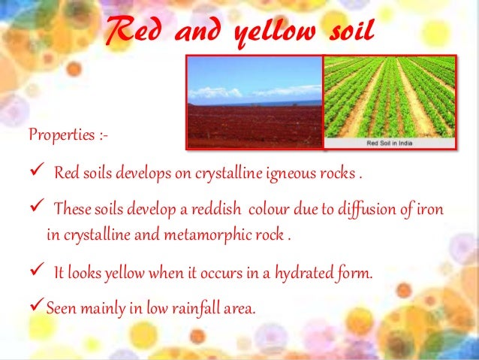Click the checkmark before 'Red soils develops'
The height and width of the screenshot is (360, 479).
coord(35,174)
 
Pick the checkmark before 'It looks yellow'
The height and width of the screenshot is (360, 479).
coord(35,271)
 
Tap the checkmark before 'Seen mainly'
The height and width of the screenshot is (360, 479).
coord(36,305)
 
